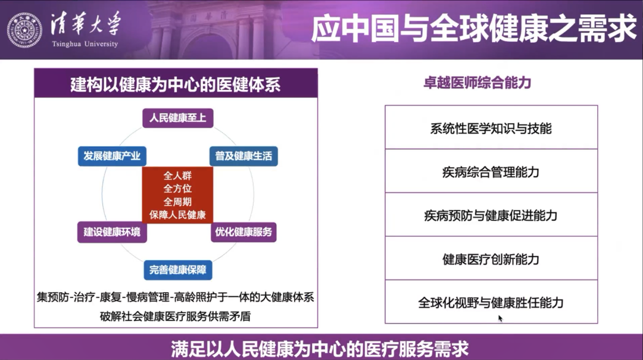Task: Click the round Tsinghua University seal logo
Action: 24,30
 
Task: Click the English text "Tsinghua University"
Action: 85,44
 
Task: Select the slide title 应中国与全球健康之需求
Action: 474,28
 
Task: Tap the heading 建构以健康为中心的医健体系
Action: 176,84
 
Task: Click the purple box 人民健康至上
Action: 177,118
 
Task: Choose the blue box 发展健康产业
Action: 112,156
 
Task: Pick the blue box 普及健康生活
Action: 244,156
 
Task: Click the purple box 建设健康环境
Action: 112,232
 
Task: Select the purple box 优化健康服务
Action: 244,232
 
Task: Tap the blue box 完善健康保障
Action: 178,270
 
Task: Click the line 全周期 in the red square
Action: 177,202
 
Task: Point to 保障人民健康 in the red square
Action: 177,215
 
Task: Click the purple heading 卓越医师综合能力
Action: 477,83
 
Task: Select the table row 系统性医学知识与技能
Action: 491,127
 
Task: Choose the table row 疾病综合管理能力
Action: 491,171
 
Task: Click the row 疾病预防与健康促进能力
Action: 491,214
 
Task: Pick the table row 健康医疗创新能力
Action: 491,258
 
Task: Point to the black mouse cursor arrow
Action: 500,318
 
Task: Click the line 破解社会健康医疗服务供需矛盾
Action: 175,316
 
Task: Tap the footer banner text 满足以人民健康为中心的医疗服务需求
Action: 320,349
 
